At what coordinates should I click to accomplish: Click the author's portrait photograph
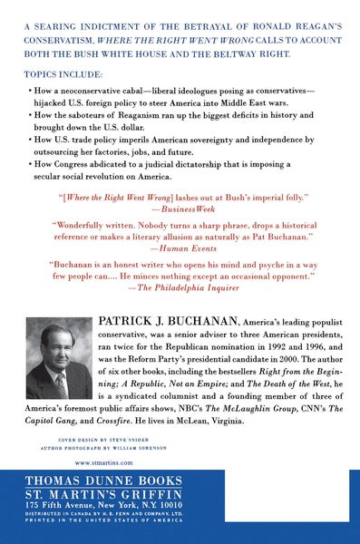(x=58, y=359)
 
